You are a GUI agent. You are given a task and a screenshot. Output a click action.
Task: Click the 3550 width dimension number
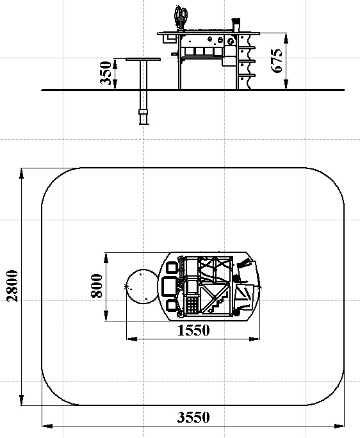(193, 418)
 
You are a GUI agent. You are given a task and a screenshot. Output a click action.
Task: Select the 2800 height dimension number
(13, 286)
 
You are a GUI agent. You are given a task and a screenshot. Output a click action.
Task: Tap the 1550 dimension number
(193, 330)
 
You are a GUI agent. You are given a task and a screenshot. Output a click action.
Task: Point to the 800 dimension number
(97, 286)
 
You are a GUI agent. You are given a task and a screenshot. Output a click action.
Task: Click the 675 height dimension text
(277, 61)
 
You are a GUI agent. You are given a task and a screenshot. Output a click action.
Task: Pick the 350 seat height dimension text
(106, 73)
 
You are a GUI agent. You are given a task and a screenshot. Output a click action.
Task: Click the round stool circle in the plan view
(143, 286)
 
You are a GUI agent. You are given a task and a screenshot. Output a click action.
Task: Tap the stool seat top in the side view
(143, 59)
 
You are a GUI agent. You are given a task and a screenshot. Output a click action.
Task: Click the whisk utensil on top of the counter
(181, 17)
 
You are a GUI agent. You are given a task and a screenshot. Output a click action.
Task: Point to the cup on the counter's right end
(236, 25)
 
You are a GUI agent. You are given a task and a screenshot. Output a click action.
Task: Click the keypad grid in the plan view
(192, 305)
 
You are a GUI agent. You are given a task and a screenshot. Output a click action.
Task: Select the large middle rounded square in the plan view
(170, 286)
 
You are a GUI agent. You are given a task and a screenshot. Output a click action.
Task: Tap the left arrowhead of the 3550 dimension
(47, 426)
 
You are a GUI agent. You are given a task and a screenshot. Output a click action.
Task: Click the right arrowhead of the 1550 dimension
(254, 339)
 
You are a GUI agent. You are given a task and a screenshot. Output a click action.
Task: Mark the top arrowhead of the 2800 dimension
(22, 173)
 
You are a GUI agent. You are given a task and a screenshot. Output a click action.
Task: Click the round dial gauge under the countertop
(231, 42)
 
